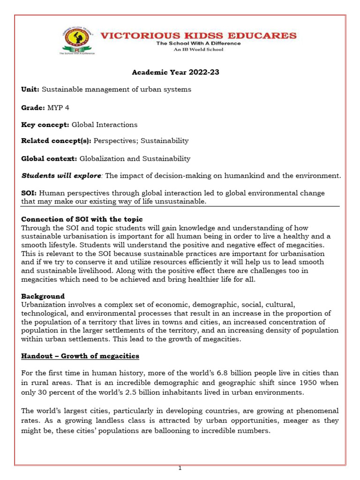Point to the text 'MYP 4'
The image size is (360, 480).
click(x=57, y=107)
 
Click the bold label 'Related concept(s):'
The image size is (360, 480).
click(x=56, y=141)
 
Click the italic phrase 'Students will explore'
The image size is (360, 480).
click(x=61, y=176)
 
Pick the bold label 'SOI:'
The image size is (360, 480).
click(x=29, y=193)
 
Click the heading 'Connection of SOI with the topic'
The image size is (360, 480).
click(x=82, y=219)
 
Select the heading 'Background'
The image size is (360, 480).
click(x=43, y=296)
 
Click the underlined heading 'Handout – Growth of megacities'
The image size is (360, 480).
click(x=80, y=356)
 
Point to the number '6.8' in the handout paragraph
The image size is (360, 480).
click(x=207, y=373)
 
